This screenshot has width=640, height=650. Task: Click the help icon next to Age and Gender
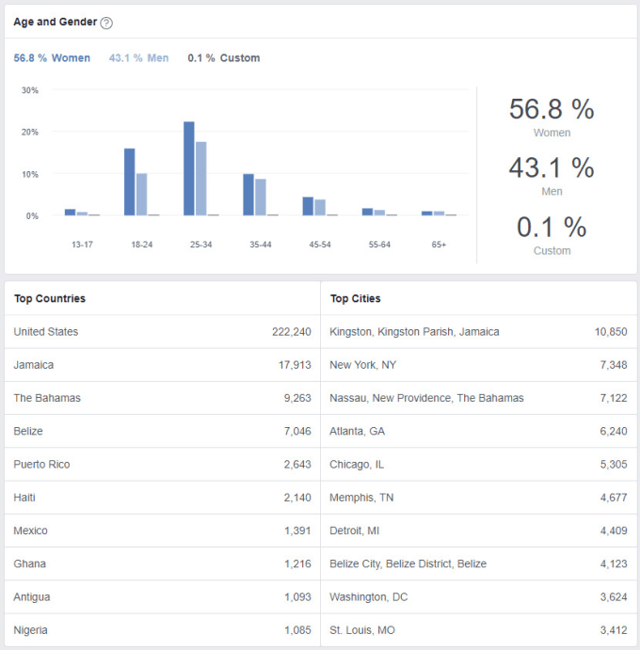click(106, 23)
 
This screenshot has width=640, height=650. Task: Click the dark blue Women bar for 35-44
click(248, 195)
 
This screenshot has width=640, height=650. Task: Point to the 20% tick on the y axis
click(30, 133)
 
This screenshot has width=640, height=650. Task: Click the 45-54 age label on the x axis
click(320, 245)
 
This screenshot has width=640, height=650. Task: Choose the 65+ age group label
click(439, 245)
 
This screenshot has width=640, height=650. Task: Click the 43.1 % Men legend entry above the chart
click(138, 58)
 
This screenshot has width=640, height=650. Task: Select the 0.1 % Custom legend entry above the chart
click(224, 58)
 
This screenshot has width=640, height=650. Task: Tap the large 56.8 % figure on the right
click(552, 109)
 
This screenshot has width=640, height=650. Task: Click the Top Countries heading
click(50, 299)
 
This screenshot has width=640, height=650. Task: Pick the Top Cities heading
click(355, 299)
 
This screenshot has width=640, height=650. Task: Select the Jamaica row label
click(34, 365)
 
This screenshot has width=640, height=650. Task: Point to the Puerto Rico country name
click(41, 465)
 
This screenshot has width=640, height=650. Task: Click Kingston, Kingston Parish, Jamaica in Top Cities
click(414, 332)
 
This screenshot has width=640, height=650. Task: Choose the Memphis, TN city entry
click(361, 498)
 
